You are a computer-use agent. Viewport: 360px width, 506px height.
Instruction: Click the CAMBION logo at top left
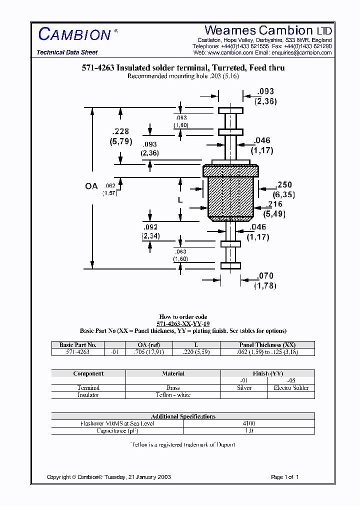click(74, 34)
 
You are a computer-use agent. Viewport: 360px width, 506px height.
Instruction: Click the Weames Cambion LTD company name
click(268, 30)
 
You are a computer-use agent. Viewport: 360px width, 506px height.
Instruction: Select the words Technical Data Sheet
click(67, 52)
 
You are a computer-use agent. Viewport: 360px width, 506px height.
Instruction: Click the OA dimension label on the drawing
click(91, 186)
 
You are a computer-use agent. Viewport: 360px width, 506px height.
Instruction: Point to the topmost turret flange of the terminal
click(230, 110)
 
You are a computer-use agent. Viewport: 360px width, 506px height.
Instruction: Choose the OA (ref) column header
click(149, 345)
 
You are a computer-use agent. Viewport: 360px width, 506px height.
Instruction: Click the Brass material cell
click(173, 388)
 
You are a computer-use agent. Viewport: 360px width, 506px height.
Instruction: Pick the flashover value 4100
click(248, 423)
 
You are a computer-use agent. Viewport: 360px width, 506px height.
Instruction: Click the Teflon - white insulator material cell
click(173, 395)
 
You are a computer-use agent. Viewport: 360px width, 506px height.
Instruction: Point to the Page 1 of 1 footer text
click(284, 477)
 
